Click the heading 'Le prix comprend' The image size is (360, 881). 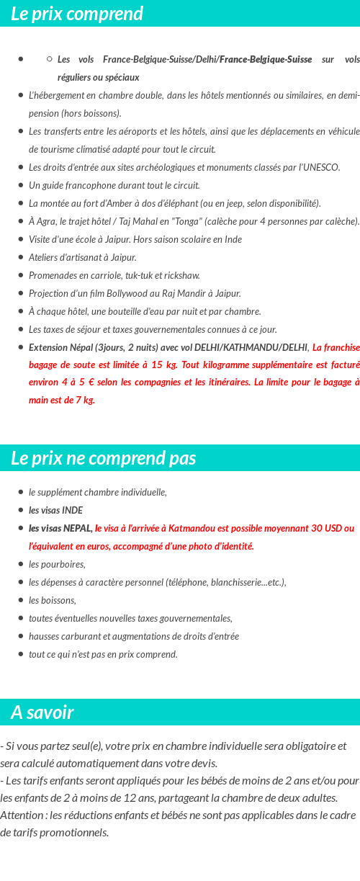click(77, 14)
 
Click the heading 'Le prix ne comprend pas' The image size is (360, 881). click(103, 458)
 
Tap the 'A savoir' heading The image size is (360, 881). click(42, 712)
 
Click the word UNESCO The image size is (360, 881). click(322, 167)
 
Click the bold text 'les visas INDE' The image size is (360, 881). click(55, 510)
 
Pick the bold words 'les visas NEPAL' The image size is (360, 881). click(60, 528)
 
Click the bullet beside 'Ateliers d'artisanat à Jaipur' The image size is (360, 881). click(22, 257)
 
